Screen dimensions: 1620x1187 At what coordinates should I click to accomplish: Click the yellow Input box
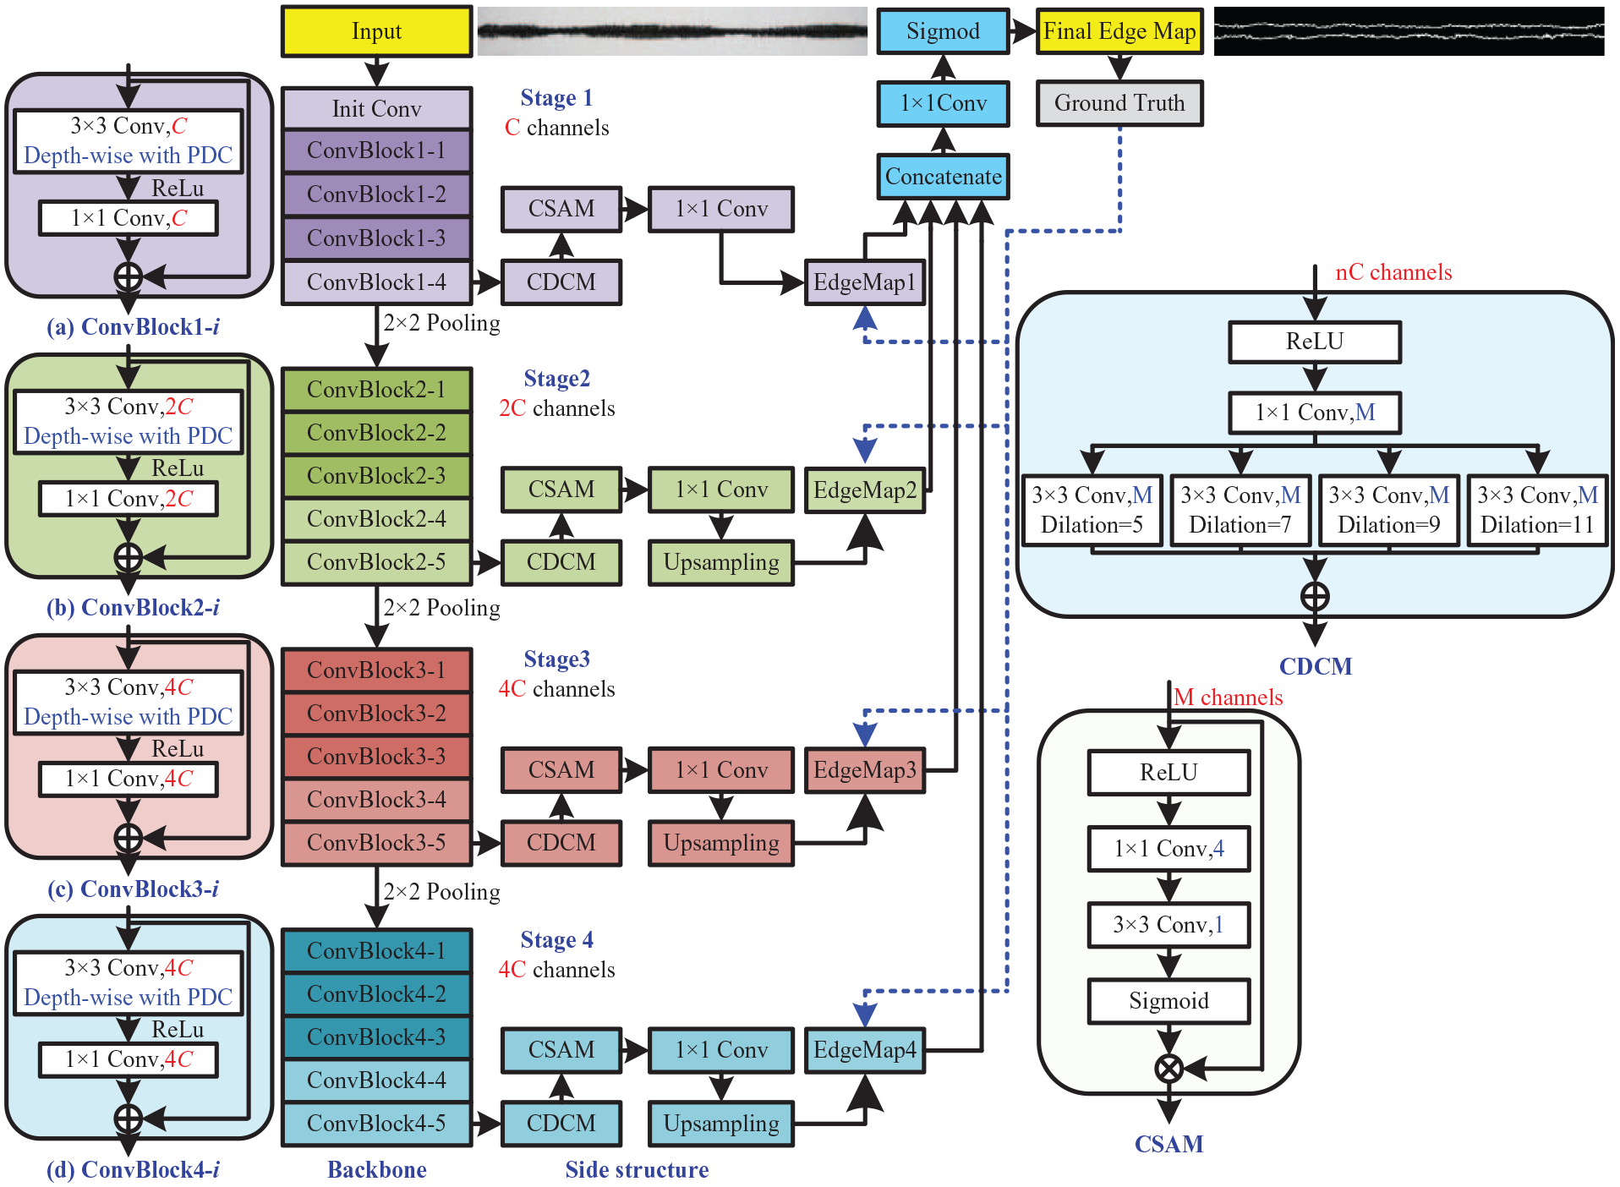376,31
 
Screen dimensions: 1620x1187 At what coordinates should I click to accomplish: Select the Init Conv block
376,108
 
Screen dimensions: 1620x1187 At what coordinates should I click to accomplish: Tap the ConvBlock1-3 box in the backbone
376,238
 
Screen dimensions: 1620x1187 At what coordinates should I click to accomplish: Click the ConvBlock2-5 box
376,562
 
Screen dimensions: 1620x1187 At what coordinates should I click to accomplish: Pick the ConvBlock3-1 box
376,670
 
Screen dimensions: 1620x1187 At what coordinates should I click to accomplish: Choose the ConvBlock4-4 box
376,1080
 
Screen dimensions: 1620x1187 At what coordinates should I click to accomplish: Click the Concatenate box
943,177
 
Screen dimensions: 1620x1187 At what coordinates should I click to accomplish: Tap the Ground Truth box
1119,103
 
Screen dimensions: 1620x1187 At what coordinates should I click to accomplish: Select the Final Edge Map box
1119,31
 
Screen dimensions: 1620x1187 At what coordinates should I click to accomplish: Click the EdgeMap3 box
865,770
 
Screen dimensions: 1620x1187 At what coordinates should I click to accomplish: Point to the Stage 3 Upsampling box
721,843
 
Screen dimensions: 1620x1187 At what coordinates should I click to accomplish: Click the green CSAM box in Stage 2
561,490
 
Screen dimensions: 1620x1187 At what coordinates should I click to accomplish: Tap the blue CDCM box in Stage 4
561,1124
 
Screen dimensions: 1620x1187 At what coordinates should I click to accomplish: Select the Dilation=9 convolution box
1389,511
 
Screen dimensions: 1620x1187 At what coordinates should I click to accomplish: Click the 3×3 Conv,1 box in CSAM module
1168,925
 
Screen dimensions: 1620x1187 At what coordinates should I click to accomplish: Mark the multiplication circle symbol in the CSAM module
1168,1069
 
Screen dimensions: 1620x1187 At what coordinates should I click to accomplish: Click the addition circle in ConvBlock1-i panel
128,276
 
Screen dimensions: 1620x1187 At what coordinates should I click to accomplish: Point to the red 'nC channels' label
1393,272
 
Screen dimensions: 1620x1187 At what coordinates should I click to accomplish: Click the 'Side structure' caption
637,1169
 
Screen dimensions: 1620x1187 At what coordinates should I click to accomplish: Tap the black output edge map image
1409,31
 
